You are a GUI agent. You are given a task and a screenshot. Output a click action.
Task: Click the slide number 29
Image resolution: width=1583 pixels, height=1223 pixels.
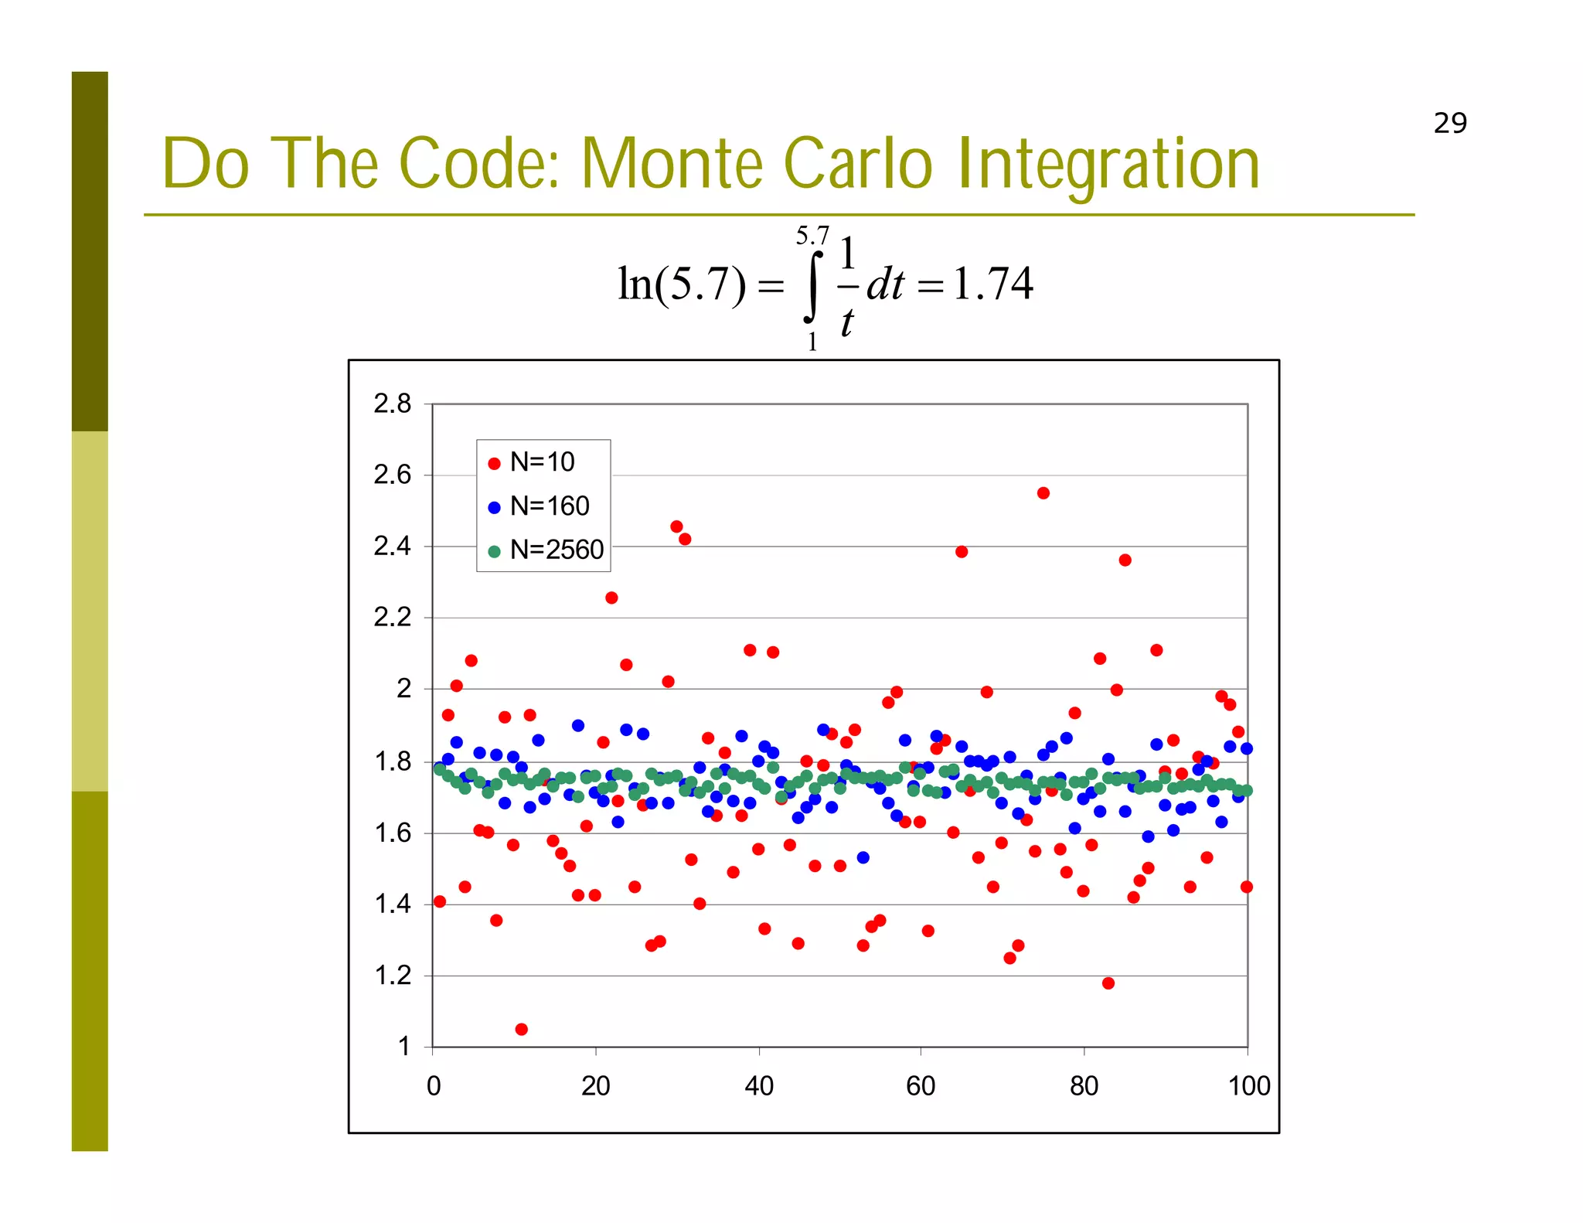(1449, 123)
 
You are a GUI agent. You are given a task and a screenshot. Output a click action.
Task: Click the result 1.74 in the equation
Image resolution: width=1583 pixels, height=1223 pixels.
(993, 284)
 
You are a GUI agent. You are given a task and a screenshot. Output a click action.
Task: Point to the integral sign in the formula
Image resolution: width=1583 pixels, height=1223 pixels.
(812, 284)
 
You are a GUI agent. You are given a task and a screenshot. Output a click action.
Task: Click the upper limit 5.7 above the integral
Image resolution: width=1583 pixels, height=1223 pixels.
(812, 235)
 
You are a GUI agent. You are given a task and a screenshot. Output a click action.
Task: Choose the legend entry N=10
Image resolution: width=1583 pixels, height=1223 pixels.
(542, 462)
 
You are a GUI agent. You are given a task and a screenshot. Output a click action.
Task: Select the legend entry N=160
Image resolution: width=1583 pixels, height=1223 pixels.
(549, 506)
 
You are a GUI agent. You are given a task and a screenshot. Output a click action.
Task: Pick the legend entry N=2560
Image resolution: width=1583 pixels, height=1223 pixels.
(556, 550)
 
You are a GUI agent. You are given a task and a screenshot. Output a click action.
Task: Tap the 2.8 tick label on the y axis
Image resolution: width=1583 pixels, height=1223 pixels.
(393, 404)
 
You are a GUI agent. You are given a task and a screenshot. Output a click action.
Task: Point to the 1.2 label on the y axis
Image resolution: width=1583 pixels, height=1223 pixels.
(393, 976)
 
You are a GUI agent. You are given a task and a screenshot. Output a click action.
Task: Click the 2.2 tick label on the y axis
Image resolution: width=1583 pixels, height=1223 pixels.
(393, 618)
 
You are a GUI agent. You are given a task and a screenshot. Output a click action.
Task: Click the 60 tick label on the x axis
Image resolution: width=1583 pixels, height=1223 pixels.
(921, 1086)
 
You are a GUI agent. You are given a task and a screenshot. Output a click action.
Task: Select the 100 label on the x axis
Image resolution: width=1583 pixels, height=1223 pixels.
(1248, 1086)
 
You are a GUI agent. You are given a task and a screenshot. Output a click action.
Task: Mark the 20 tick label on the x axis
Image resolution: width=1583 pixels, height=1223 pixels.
(596, 1086)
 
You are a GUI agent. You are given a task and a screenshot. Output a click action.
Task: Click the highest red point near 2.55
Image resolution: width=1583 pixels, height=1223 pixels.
(1043, 493)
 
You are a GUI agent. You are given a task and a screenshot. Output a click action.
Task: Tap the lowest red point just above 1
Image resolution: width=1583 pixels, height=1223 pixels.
(521, 1029)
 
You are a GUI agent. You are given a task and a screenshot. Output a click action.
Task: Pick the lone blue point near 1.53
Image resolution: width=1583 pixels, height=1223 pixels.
(863, 857)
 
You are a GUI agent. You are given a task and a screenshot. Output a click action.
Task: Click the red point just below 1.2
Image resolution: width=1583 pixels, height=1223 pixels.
(1108, 983)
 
